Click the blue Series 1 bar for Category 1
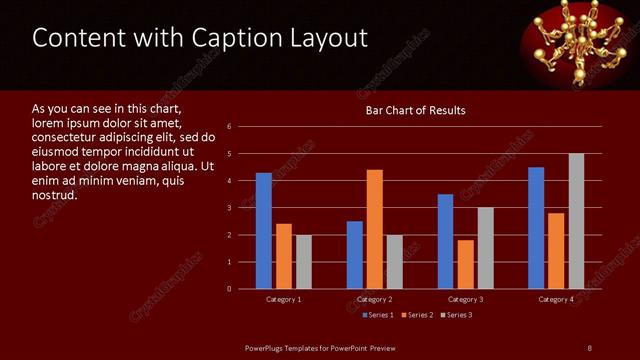tap(263, 231)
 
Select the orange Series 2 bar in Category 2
tap(374, 229)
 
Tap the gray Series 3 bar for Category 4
tap(576, 221)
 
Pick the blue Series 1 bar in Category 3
tap(445, 241)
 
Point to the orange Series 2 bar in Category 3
tap(465, 264)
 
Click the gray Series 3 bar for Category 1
tap(303, 262)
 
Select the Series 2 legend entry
tap(418, 315)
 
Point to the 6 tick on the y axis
tap(230, 127)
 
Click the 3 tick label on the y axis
tap(230, 208)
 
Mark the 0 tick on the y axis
tap(230, 289)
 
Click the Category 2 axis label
tap(374, 299)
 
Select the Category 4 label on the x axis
tap(556, 299)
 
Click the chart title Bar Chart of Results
tap(415, 110)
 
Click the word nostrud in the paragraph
tap(55, 194)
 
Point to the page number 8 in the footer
tap(589, 347)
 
